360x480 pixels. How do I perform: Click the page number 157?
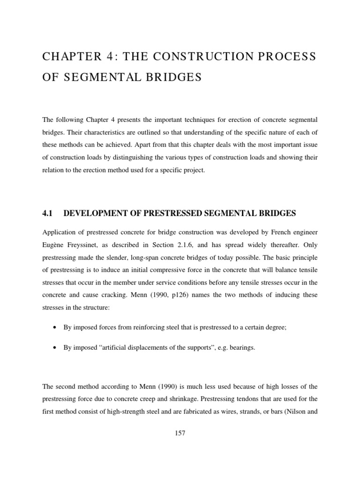tap(180, 434)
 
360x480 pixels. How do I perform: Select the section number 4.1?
tap(46, 213)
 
